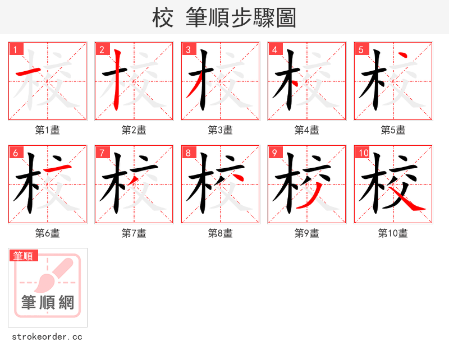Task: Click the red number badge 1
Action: pos(15,49)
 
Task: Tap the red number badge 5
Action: pos(361,49)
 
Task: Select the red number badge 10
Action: pos(363,153)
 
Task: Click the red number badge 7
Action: pos(102,153)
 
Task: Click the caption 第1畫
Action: pos(47,130)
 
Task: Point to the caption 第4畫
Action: pos(306,130)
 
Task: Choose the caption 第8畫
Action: pos(220,233)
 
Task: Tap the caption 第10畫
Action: pos(393,233)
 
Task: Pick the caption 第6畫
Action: pos(47,233)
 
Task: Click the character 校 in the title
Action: pos(162,18)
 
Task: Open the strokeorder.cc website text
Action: pos(47,337)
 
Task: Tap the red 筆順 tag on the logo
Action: pos(24,256)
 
